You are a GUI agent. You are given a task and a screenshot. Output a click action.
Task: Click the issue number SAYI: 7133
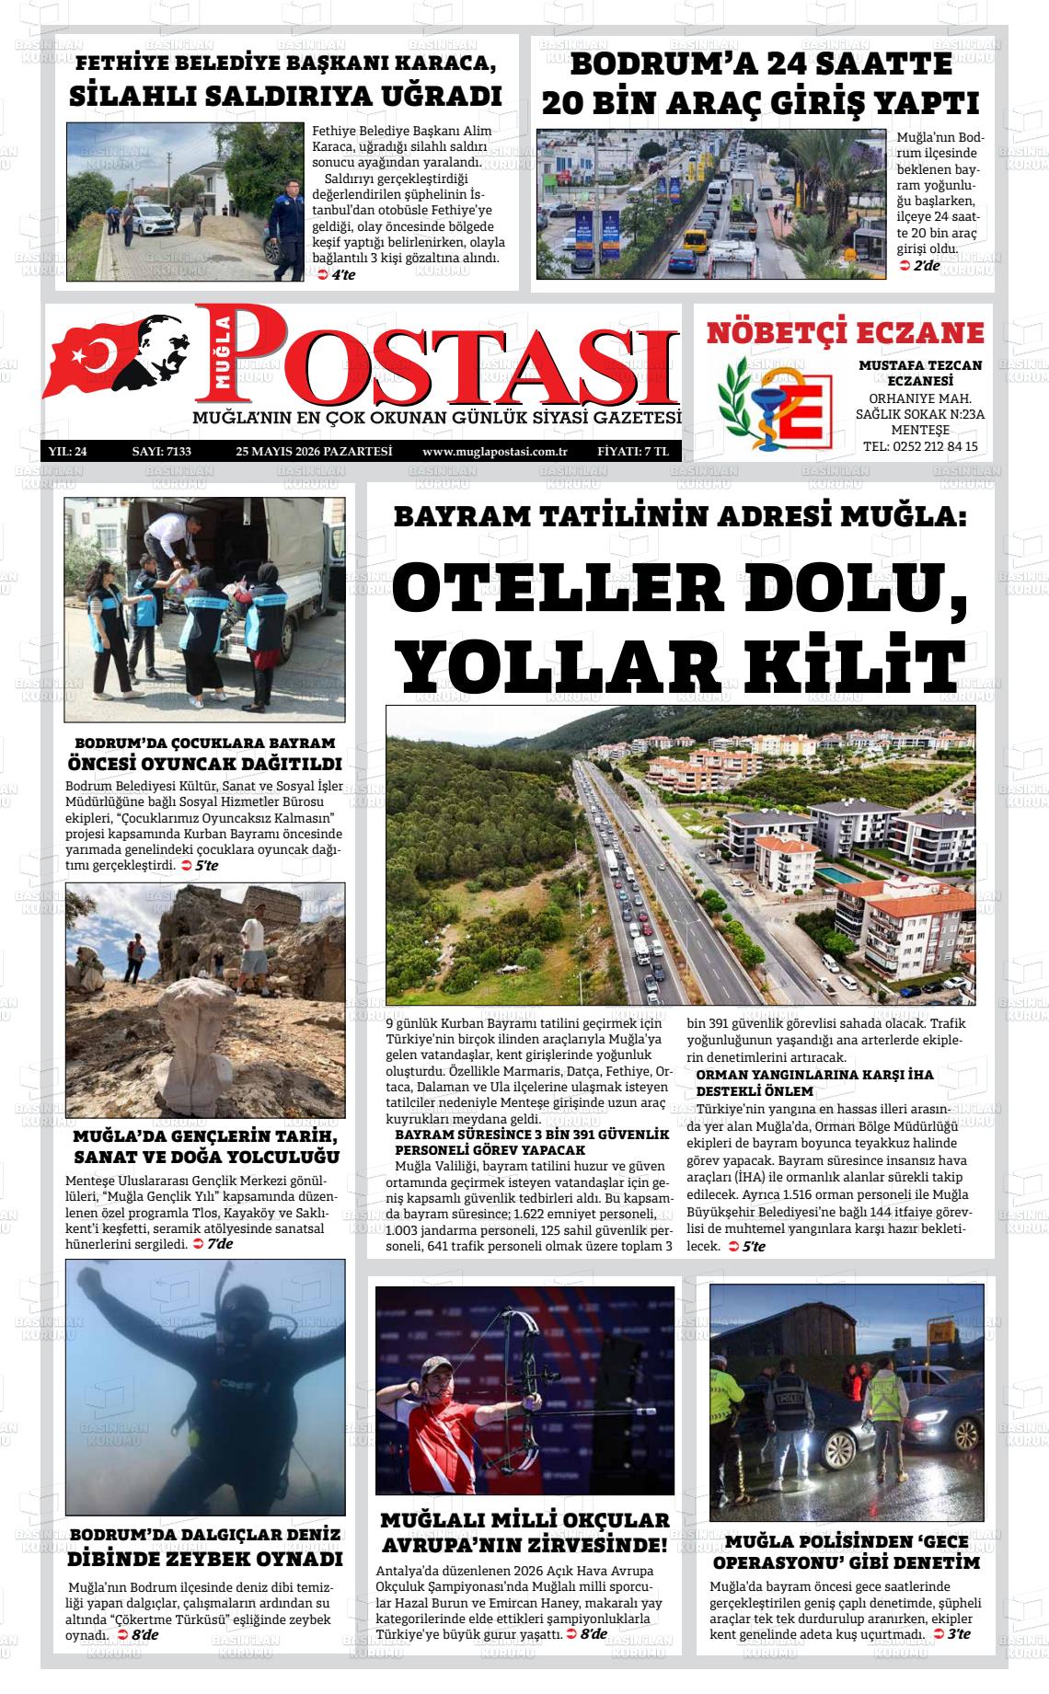click(x=161, y=452)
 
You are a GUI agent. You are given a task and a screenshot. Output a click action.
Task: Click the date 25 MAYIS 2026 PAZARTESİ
click(x=314, y=452)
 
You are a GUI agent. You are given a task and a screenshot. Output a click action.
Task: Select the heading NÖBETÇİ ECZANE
click(x=845, y=333)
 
